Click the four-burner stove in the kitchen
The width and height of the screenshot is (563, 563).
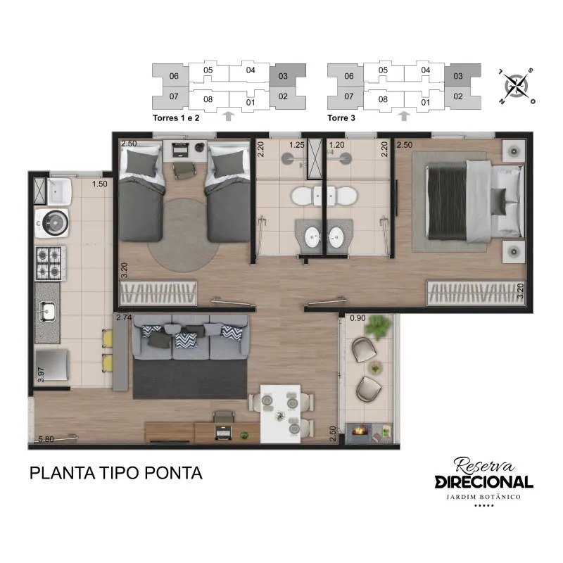click(x=51, y=262)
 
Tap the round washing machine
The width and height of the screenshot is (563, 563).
click(x=52, y=222)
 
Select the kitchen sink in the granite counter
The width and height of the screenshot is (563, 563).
click(x=47, y=312)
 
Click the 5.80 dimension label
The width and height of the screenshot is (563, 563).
click(x=46, y=438)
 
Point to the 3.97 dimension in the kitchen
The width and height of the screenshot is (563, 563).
click(x=41, y=374)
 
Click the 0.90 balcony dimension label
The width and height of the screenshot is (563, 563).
click(x=358, y=318)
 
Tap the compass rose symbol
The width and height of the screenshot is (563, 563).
click(x=516, y=86)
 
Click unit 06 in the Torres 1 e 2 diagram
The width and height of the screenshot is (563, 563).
click(x=174, y=76)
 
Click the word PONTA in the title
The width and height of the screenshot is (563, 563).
click(x=173, y=473)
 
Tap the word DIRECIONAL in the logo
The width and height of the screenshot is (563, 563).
click(x=483, y=482)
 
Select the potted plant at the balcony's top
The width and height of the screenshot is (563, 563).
click(x=378, y=326)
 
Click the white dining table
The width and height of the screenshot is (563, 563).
click(x=280, y=414)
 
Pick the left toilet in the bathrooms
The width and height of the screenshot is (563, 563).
click(x=303, y=196)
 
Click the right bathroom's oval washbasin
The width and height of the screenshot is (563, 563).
click(x=337, y=238)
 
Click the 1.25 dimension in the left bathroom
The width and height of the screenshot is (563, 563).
click(x=297, y=145)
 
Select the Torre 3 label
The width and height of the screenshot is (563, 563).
click(x=341, y=118)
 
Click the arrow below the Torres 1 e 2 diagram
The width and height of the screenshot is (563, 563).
click(x=228, y=116)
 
